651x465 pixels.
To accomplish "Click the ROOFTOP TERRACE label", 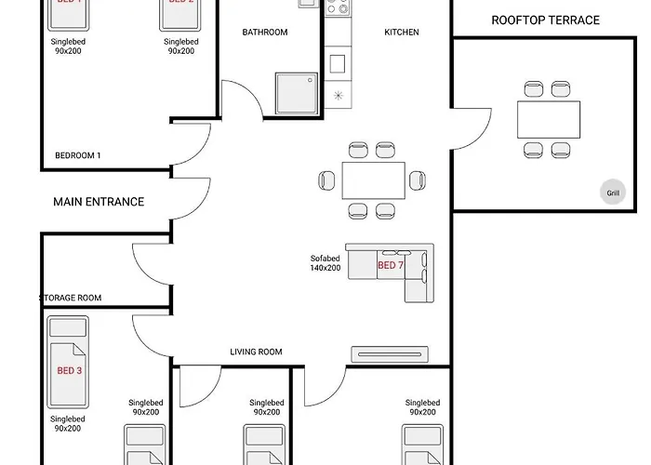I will (x=545, y=20).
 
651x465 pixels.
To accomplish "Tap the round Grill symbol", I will (x=613, y=193).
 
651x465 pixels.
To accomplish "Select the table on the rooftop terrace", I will (x=548, y=118).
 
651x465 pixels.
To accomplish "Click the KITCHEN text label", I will (x=402, y=33).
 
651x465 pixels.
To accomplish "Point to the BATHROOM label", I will (x=265, y=33).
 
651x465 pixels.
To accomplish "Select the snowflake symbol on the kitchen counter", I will (x=338, y=95).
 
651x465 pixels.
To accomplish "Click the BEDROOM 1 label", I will (x=78, y=155).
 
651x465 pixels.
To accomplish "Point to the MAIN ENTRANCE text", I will (x=99, y=202).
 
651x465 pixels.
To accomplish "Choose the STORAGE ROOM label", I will (x=71, y=298).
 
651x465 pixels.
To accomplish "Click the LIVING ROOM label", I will (x=256, y=352).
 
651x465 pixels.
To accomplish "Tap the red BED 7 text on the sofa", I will (x=389, y=266).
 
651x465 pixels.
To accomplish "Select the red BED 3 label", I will (x=70, y=370).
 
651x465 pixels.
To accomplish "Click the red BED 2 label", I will (x=179, y=3).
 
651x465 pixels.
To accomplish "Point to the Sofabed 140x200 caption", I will (x=325, y=263).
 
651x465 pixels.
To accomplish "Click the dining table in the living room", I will (x=373, y=179).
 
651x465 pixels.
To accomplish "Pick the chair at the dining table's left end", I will (x=325, y=180).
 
